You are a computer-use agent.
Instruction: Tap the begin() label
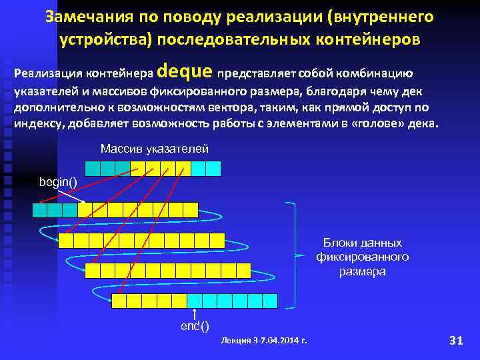point(58,181)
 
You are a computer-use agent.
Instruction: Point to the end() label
point(195,326)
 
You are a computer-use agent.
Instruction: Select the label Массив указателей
point(154,148)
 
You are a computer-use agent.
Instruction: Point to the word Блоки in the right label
point(340,243)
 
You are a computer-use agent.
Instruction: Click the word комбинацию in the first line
point(383,73)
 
